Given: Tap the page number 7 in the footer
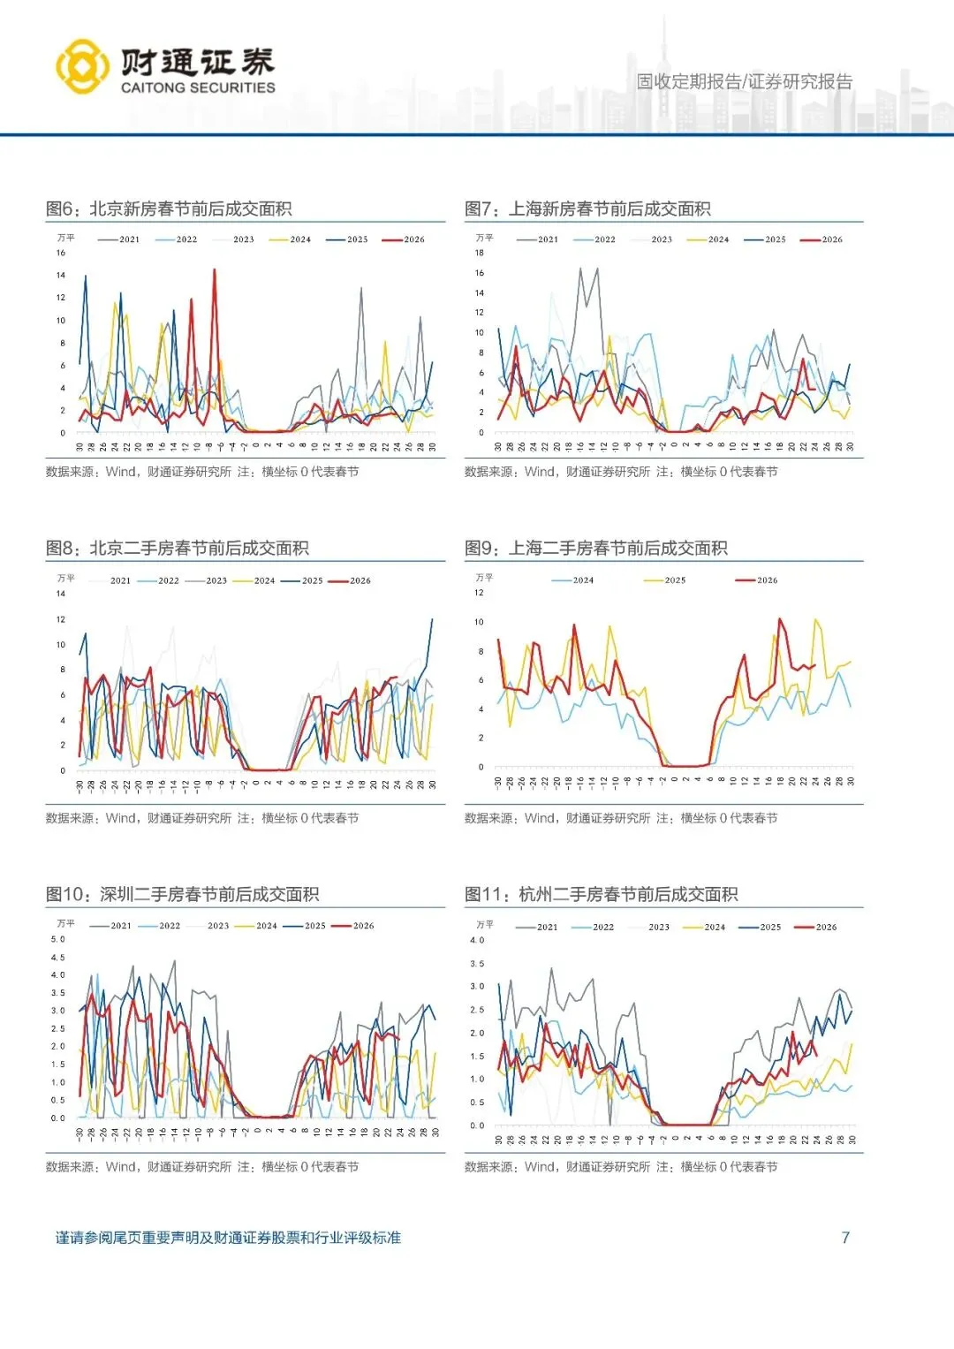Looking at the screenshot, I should point(845,1237).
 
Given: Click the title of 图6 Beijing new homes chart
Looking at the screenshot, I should point(169,208).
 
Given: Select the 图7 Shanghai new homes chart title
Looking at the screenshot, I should point(587,208).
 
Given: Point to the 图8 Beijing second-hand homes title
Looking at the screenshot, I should point(178,548).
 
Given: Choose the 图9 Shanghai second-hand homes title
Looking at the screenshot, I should point(596,548).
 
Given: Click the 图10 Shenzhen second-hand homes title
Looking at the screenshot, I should point(182,894).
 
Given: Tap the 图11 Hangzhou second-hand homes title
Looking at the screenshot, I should point(601,894).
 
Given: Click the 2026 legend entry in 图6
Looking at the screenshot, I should point(405,239).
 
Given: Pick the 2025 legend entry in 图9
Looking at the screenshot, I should point(665,580).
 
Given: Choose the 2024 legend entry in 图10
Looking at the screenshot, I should point(257,926).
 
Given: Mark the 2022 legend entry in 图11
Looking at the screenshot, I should point(594,927).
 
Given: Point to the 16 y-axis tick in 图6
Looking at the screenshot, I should point(61,253).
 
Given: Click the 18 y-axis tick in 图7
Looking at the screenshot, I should point(480,253).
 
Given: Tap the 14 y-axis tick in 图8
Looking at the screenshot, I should point(61,594).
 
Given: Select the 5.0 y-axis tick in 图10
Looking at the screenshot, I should point(58,939).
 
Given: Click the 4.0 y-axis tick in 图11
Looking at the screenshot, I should point(477,940).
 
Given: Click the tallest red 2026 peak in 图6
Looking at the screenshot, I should point(214,270).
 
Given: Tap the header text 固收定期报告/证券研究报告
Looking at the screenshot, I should point(745,81).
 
